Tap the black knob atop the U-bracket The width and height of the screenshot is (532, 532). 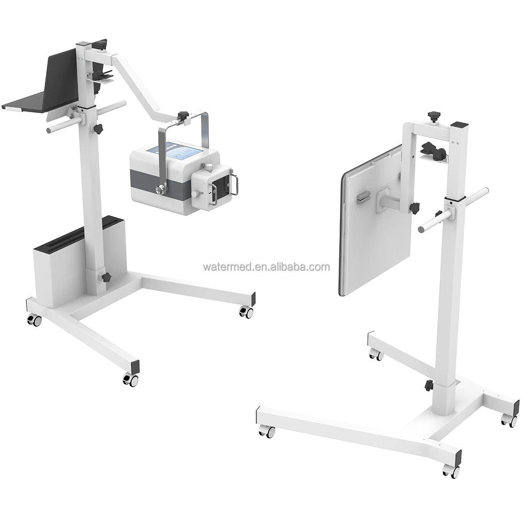[182, 116]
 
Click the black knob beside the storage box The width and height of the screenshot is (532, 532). [106, 277]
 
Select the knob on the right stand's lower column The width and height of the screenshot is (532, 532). [429, 384]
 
